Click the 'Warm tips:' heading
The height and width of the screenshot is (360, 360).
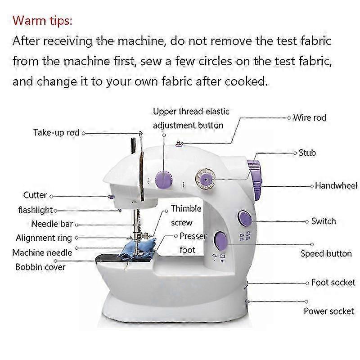42,21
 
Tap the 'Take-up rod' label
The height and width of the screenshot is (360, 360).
56,133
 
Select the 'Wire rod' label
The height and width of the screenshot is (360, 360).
310,118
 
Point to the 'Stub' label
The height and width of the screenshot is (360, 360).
307,153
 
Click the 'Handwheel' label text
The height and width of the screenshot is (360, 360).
336,185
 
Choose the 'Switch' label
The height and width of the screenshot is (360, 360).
324,221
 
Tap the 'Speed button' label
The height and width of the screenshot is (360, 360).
326,254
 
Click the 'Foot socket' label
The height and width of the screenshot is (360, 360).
333,283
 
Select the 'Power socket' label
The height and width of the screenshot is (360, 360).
329,311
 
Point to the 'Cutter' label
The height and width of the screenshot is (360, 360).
35,195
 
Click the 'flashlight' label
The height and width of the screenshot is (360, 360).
36,210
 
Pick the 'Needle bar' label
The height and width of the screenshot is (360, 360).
52,224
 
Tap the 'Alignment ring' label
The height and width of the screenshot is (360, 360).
44,238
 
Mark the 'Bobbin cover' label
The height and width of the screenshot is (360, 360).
40,267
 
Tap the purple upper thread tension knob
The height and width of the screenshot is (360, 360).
164,180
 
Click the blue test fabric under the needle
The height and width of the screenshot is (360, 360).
138,250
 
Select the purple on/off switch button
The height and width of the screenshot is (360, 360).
245,218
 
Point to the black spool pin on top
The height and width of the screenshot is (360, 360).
133,145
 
